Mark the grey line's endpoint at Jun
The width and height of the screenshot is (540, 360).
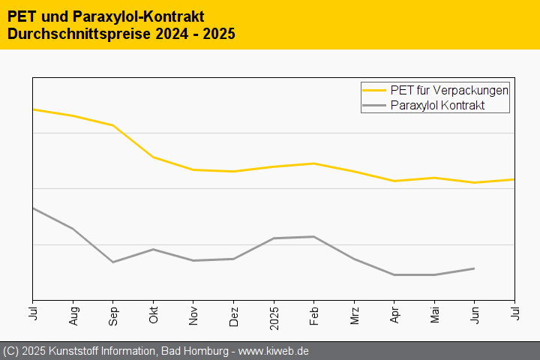point(474,268)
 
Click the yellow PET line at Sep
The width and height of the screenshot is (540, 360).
point(113,125)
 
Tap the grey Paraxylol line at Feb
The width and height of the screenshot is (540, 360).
point(314,236)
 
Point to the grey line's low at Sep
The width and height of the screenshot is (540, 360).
point(113,262)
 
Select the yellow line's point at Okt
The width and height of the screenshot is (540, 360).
point(153,157)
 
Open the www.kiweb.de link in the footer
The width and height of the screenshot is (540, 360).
point(274,351)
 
